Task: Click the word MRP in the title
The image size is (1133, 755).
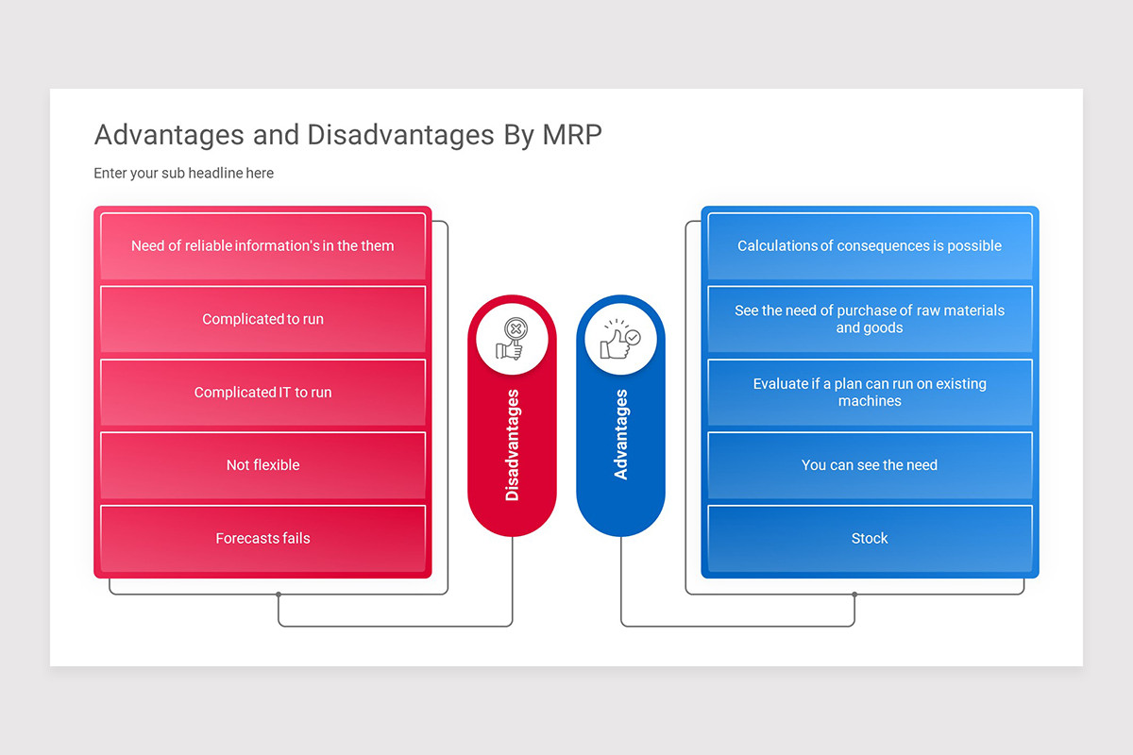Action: tap(572, 135)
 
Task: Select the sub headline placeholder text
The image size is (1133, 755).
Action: tap(183, 173)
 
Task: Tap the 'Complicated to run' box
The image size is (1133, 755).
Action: tap(263, 319)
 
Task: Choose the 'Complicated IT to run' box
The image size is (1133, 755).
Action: tap(263, 393)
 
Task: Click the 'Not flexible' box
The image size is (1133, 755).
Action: tap(263, 465)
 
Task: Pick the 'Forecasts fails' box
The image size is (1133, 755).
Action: tap(263, 539)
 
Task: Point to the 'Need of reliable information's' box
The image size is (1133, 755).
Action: tap(263, 246)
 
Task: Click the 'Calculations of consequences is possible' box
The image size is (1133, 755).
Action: tap(870, 246)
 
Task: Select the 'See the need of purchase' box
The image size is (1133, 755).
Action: tap(870, 319)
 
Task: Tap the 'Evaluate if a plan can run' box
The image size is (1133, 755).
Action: tap(870, 393)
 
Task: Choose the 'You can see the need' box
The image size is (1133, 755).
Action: tap(870, 465)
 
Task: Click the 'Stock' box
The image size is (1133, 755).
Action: tap(870, 539)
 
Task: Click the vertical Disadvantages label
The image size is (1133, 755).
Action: tap(513, 445)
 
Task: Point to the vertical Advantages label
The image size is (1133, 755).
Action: tap(621, 434)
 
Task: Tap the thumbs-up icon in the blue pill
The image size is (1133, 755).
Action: tap(620, 340)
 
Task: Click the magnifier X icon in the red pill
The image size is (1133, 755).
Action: tap(512, 339)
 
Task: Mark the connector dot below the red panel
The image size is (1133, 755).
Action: tap(279, 595)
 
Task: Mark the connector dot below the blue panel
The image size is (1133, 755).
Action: tap(854, 595)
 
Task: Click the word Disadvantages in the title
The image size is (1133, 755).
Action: tap(400, 135)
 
